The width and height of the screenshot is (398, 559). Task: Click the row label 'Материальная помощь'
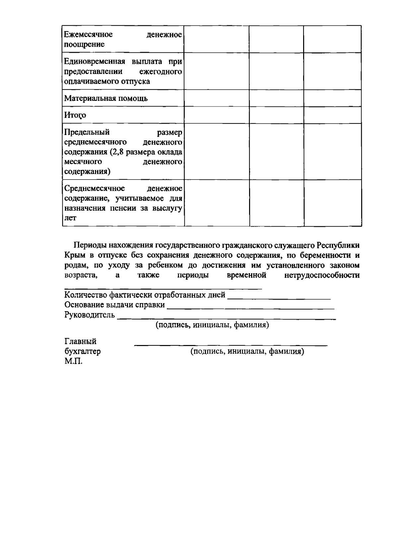(x=106, y=99)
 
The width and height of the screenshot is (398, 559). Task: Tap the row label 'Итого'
(x=75, y=115)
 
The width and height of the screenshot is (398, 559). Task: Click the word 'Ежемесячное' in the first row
(x=88, y=35)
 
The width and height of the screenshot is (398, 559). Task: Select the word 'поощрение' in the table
(x=84, y=44)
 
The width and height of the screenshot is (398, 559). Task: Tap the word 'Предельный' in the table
(x=87, y=133)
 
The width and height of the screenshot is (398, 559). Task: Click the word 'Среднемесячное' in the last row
(x=95, y=188)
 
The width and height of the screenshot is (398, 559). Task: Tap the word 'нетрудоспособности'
(x=322, y=275)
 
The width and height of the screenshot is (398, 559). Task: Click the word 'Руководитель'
(x=90, y=315)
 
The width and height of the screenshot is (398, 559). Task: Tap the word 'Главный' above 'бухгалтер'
(x=80, y=341)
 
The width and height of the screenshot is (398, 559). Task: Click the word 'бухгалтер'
(x=83, y=351)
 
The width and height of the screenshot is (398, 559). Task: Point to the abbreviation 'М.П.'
(x=73, y=361)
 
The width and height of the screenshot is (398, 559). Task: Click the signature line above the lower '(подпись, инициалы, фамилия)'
(x=231, y=345)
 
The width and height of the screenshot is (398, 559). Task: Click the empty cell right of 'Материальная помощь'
(x=217, y=98)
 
